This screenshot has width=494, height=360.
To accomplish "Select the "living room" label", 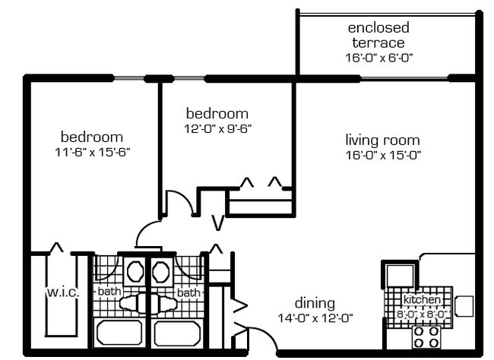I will click(382, 141).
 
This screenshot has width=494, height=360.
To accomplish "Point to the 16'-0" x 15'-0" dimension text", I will click(382, 155).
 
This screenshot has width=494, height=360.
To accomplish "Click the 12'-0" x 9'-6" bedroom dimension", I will click(217, 128).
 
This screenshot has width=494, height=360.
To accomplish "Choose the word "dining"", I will click(315, 304).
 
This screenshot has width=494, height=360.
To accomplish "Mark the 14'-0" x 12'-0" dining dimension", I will click(315, 317).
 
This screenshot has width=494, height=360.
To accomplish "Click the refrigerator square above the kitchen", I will click(400, 275).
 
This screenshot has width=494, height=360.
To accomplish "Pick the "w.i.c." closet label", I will click(62, 292).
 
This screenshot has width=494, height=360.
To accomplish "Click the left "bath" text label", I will click(108, 292).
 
